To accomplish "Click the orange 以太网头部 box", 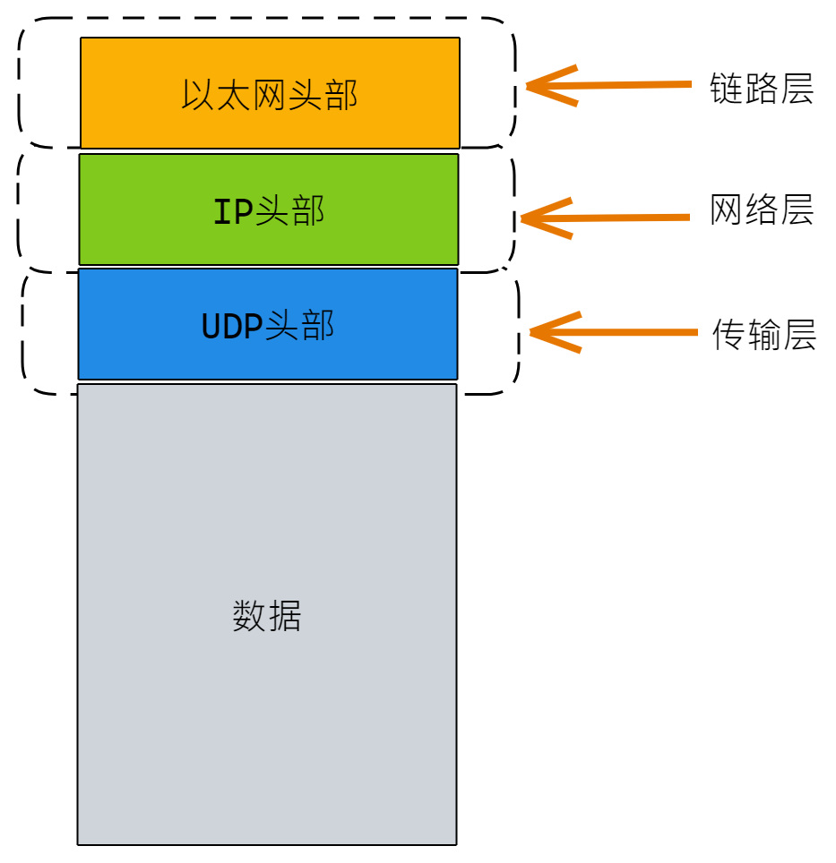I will tap(270, 125).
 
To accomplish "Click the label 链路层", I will tap(762, 90).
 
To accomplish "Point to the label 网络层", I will tap(762, 210).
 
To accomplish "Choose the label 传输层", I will tap(763, 335).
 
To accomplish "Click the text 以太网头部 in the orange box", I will tap(270, 94).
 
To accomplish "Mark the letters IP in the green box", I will tap(232, 212).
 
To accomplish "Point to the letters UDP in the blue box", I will tap(232, 327).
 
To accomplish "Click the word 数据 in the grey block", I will tap(267, 616).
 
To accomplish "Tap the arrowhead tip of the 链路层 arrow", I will tap(529, 87).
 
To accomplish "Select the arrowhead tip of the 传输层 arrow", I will tap(532, 333).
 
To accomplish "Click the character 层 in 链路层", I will tap(797, 90).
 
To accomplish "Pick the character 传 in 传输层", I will tap(728, 335).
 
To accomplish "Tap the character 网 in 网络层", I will tap(727, 210).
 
